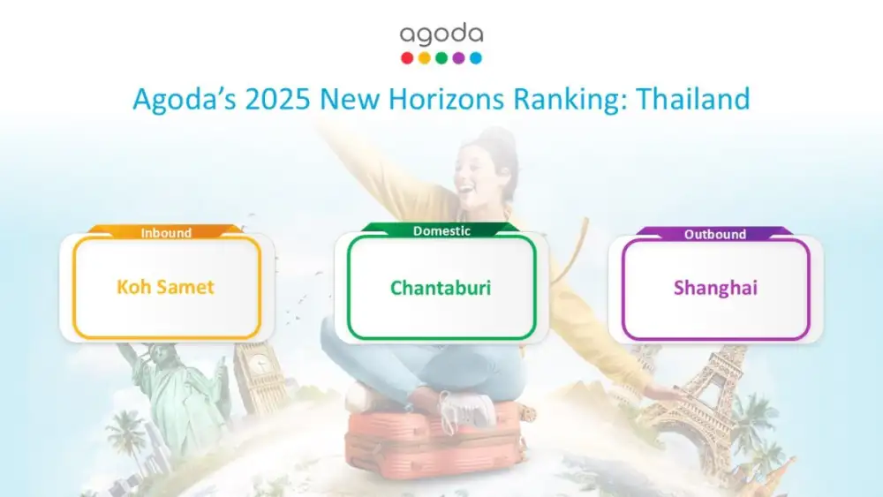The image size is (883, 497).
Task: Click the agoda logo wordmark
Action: [x=441, y=35]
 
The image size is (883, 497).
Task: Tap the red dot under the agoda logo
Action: [x=407, y=58]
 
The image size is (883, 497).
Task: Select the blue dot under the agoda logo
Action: [x=476, y=58]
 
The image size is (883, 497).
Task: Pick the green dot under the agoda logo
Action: [x=441, y=58]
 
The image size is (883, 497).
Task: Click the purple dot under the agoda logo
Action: [x=459, y=58]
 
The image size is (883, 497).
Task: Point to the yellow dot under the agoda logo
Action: [x=425, y=58]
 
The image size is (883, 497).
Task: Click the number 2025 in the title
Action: [x=277, y=99]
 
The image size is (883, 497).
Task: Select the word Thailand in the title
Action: [x=693, y=99]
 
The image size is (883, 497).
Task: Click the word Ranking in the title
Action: [x=570, y=100]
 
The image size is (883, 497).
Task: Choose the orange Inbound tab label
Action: [x=166, y=232]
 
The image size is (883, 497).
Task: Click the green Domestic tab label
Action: [x=441, y=230]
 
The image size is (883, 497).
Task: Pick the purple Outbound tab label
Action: [x=715, y=234]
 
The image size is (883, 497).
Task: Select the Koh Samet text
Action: [x=166, y=287]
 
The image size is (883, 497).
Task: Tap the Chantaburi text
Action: [x=441, y=288]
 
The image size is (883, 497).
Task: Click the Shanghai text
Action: [x=716, y=288]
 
